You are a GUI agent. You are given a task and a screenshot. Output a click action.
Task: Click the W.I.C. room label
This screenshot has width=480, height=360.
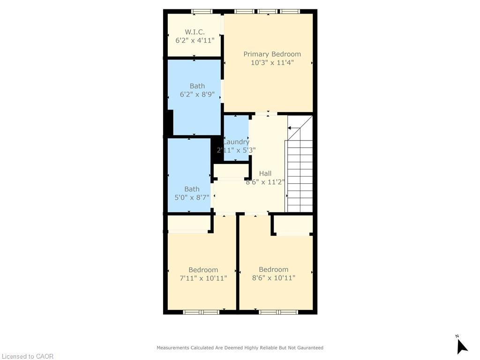click(x=195, y=32)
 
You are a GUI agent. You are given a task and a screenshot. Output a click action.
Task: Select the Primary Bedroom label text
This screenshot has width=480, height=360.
click(x=272, y=54)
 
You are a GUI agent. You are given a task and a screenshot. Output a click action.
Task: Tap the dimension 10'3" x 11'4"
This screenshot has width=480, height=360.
click(x=272, y=63)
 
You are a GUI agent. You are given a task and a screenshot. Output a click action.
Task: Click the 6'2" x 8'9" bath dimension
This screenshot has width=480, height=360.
click(x=197, y=94)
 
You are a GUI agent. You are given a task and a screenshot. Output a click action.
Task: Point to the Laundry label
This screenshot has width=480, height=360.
click(x=236, y=142)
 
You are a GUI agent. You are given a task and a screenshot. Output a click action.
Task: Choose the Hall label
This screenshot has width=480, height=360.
click(x=265, y=173)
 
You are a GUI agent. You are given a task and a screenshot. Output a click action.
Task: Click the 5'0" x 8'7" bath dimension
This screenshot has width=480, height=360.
click(x=192, y=197)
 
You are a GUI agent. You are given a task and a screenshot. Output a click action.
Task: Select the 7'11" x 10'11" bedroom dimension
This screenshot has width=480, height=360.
click(x=203, y=278)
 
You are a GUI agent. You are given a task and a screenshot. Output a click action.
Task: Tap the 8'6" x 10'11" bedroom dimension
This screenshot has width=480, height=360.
click(x=273, y=278)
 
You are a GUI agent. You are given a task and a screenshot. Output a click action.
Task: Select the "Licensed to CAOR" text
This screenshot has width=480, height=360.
click(x=27, y=356)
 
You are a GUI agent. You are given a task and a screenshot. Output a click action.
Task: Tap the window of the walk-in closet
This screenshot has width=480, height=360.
click(x=202, y=11)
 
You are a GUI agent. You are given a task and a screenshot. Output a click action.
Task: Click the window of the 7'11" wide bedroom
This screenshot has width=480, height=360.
click(x=201, y=312)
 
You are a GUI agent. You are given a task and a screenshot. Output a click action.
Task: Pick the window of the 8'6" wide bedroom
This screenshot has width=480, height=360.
click(x=278, y=312)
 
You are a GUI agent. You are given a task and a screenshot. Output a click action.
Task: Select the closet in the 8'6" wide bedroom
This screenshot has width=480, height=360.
click(x=293, y=225)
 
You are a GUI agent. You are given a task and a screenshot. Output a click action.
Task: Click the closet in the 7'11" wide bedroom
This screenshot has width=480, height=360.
click(x=188, y=224)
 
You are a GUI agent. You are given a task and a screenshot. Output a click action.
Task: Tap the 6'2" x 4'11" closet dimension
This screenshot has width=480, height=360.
click(x=195, y=41)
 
